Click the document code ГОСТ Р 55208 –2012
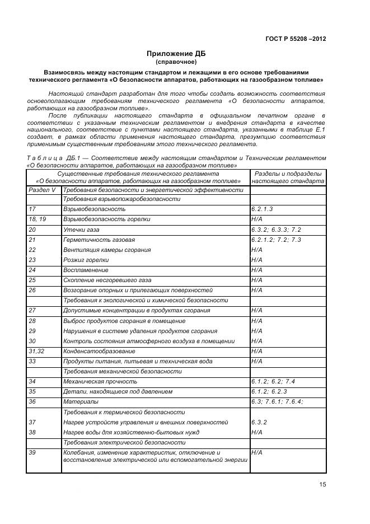coord(296,39)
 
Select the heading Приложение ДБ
coord(176,53)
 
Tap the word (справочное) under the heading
coord(176,62)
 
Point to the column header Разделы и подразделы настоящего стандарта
coord(288,177)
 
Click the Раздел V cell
coord(43,190)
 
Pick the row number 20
coord(32,230)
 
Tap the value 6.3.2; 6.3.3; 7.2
coord(277,230)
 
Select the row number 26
coord(32,291)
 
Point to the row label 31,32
coord(36,351)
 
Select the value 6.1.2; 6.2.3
coord(269,391)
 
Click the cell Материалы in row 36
coord(81,401)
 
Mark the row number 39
coord(32,452)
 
